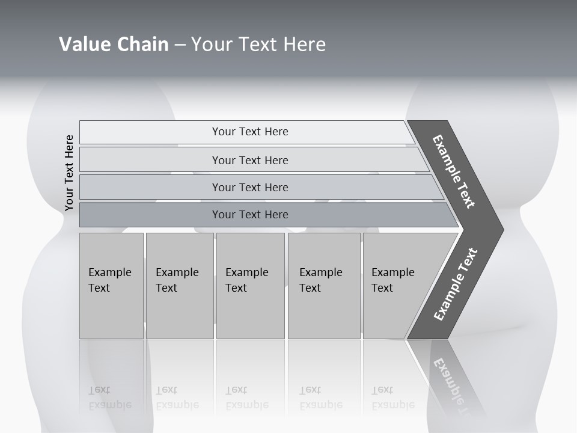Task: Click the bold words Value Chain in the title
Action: point(114,44)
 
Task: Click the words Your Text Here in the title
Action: point(258,44)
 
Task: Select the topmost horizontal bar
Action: point(250,132)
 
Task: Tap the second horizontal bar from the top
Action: point(250,160)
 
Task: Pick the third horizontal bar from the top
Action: point(250,187)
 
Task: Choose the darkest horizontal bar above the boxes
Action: point(250,215)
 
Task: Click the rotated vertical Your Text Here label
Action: point(69,173)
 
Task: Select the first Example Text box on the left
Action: point(111,285)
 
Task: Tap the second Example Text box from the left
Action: point(179,285)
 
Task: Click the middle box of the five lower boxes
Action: point(250,285)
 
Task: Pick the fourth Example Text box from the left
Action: point(323,285)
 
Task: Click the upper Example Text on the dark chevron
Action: point(454,171)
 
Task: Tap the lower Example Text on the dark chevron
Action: point(455,284)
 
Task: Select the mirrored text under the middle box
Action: point(247,398)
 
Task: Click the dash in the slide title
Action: point(180,45)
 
